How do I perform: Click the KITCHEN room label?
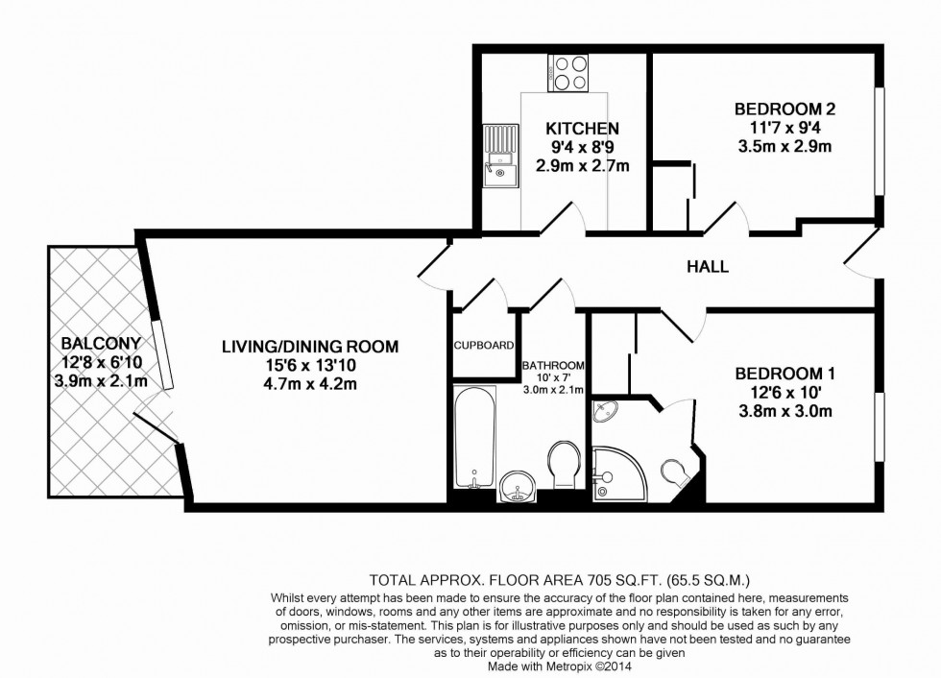click(582, 129)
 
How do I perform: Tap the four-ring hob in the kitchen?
click(567, 73)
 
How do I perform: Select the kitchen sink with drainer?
click(499, 157)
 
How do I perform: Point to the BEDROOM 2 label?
click(778, 109)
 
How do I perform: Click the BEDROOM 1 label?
click(779, 374)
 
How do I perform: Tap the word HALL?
click(707, 267)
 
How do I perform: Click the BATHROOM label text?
click(554, 366)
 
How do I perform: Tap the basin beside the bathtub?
click(519, 488)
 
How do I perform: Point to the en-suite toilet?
click(676, 472)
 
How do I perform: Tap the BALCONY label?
click(101, 343)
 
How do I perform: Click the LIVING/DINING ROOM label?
click(309, 346)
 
